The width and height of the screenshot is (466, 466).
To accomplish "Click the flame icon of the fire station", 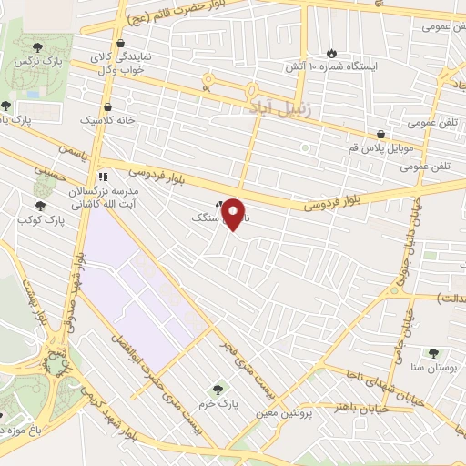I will (330, 51).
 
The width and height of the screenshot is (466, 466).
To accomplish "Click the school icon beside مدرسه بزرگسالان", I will (103, 176).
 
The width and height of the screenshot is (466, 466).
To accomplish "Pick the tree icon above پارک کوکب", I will (39, 206).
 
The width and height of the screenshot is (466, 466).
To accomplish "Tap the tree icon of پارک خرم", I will (217, 388).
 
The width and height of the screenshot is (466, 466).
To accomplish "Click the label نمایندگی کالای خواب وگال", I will (131, 63).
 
